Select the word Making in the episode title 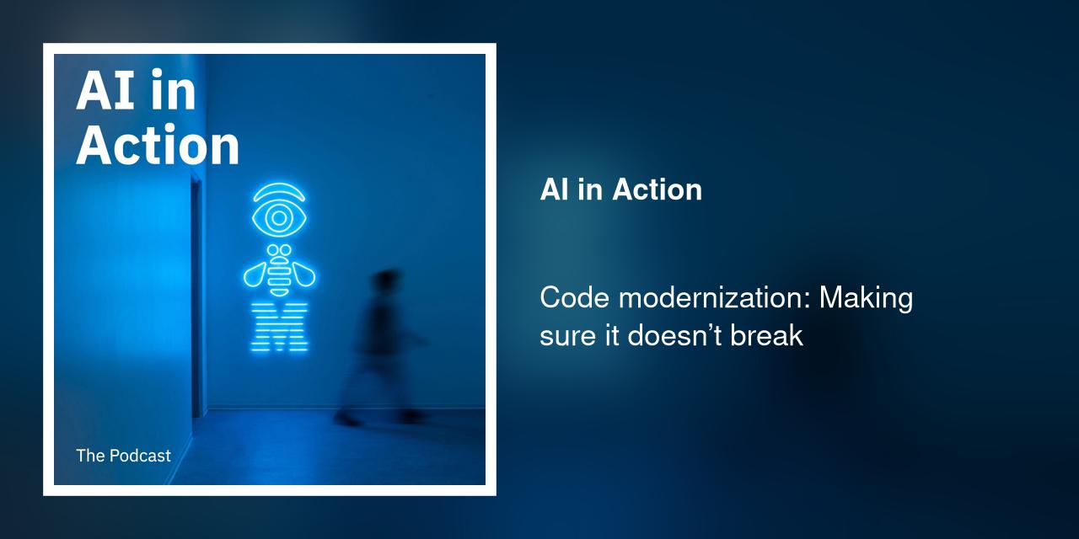[867, 298]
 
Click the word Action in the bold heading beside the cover [658, 189]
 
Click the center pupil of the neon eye [278, 217]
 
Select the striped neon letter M [280, 326]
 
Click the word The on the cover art [89, 456]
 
